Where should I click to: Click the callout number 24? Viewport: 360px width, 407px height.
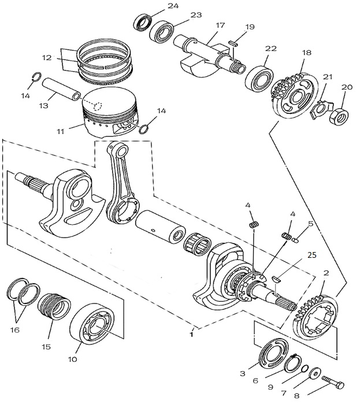(157, 6)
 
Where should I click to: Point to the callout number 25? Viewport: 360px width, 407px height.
(312, 254)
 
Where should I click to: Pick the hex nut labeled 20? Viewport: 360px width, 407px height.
(337, 115)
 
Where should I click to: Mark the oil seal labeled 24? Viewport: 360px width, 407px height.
(143, 23)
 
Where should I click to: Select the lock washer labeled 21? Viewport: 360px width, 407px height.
(320, 108)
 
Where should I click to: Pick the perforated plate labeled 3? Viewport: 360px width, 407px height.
(272, 354)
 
